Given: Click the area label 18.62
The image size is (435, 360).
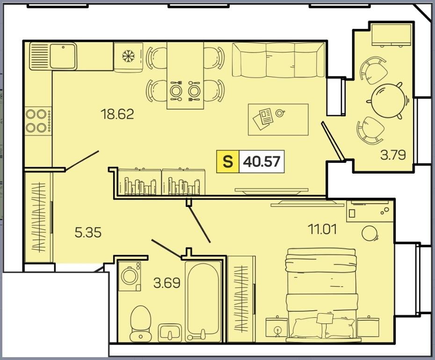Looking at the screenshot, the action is click(x=117, y=114).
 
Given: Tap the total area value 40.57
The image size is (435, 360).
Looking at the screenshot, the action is click(x=261, y=162).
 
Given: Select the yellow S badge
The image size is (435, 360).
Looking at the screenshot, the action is click(x=228, y=162).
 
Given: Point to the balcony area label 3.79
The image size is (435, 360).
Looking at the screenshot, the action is click(x=393, y=155).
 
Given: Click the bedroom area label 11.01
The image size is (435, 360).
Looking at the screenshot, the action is click(x=322, y=229).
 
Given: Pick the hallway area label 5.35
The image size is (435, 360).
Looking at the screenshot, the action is click(x=88, y=232).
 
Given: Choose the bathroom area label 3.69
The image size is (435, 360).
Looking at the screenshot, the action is click(x=167, y=283).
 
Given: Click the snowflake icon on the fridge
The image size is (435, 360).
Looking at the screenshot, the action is click(x=128, y=56).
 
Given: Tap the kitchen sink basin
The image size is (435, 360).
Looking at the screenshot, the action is click(x=63, y=56).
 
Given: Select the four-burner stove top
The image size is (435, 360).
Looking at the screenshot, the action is click(x=38, y=121).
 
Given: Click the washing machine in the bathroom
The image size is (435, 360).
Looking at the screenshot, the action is click(x=130, y=276).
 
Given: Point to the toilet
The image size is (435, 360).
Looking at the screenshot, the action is click(x=140, y=323).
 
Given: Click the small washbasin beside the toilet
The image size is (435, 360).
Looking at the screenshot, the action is click(x=170, y=332).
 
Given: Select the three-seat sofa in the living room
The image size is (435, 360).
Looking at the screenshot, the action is click(x=278, y=60).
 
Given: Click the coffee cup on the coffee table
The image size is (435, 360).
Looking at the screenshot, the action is click(x=280, y=113).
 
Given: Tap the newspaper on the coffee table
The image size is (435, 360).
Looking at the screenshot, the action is click(x=263, y=119).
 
